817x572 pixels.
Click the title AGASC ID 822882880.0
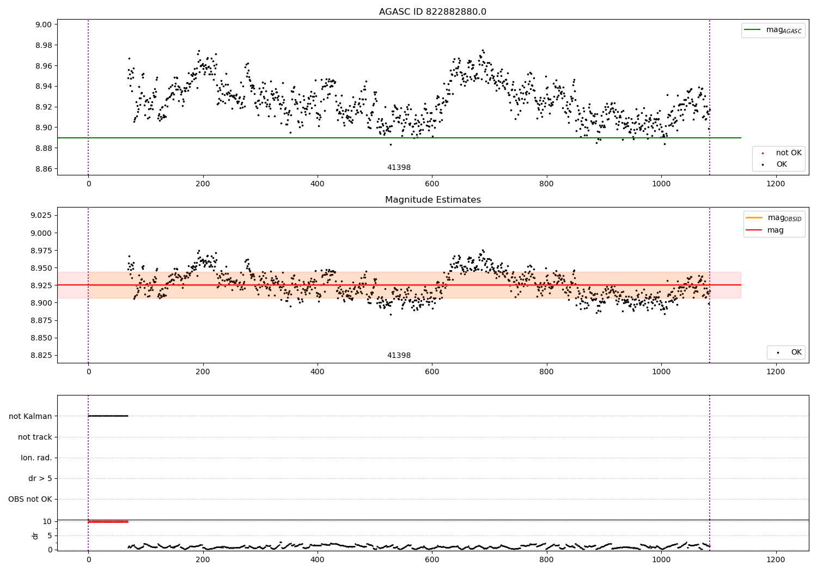pyautogui.click(x=432, y=11)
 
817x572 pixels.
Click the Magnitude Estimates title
pyautogui.click(x=433, y=199)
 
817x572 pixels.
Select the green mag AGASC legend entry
pyautogui.click(x=773, y=31)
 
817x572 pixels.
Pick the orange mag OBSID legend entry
pyautogui.click(x=773, y=218)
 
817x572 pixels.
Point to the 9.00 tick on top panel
pyautogui.click(x=44, y=25)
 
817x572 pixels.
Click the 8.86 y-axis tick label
pyautogui.click(x=44, y=169)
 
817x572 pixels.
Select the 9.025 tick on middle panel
pyautogui.click(x=41, y=215)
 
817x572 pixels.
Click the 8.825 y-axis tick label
pyautogui.click(x=41, y=355)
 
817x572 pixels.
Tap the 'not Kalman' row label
pyautogui.click(x=31, y=416)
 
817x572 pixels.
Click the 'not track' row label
pyautogui.click(x=35, y=437)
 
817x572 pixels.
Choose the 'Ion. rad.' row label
pyautogui.click(x=36, y=458)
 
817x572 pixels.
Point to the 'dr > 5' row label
pyautogui.click(x=40, y=478)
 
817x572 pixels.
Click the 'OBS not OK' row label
pyautogui.click(x=31, y=499)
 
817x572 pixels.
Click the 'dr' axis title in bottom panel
pyautogui.click(x=35, y=536)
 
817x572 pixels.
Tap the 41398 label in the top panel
pyautogui.click(x=399, y=167)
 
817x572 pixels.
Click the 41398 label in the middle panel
pyautogui.click(x=399, y=355)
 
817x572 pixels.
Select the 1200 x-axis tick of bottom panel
pyautogui.click(x=776, y=560)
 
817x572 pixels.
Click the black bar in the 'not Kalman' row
pyautogui.click(x=108, y=416)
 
